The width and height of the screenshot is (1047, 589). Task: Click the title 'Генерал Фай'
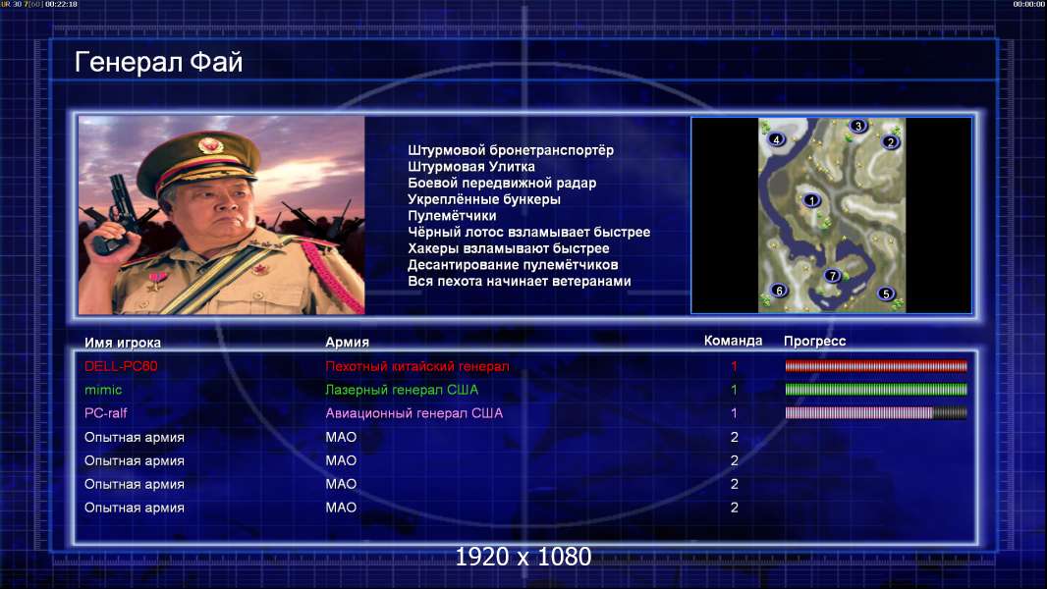click(158, 62)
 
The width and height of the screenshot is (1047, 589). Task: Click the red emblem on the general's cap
click(209, 144)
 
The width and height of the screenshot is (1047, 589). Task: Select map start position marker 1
click(812, 200)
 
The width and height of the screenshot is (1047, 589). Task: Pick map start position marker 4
click(776, 139)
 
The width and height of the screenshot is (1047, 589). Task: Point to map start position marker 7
click(832, 276)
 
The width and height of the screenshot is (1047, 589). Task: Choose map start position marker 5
click(886, 294)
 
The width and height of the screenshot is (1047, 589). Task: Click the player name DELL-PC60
click(121, 366)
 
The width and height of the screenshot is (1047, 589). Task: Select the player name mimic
click(103, 390)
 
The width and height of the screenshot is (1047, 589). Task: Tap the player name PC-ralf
click(105, 413)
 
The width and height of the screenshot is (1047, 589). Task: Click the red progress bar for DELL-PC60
click(876, 365)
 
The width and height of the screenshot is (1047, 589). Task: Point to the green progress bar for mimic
click(876, 389)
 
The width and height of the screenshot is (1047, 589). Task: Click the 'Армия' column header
click(348, 343)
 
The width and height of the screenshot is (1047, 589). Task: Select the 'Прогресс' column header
click(814, 342)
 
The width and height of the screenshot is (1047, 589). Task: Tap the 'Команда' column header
click(733, 341)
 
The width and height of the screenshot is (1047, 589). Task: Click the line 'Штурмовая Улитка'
click(471, 167)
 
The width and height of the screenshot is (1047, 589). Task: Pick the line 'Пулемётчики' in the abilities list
click(452, 215)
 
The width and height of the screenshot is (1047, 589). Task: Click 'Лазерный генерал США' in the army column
click(402, 390)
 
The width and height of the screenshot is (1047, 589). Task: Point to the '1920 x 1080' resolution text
click(523, 557)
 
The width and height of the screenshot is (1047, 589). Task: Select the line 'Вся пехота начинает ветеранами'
click(520, 281)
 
